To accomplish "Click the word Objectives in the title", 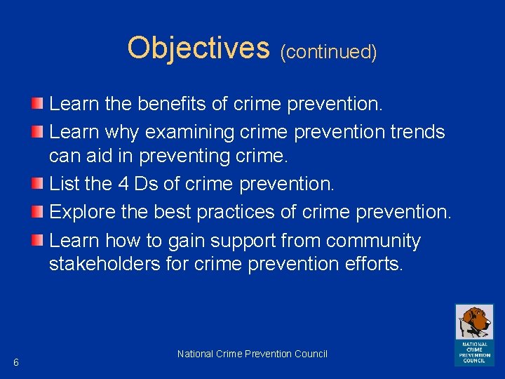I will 198,48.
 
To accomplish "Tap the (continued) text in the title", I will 328,51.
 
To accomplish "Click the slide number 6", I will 16,362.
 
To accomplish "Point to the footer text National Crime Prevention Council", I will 252,354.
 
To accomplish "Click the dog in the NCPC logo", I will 474,322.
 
